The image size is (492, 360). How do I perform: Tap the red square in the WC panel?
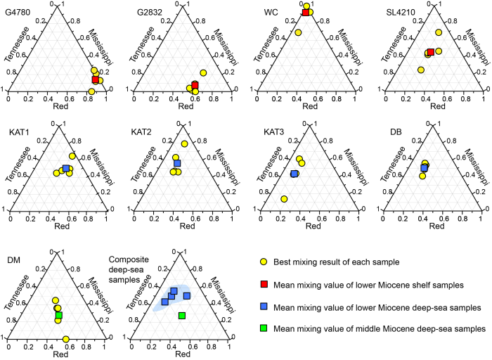pos(306,12)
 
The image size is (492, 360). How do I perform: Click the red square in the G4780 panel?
pos(96,79)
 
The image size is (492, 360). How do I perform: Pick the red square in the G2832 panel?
pos(195,85)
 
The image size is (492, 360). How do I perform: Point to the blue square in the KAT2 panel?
pos(177,163)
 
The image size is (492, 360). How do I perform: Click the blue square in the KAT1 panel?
pos(65,169)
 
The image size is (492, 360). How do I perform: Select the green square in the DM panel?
pos(58,316)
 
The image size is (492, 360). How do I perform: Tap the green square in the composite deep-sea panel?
pos(182,316)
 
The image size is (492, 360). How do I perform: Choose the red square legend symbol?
pos(263,285)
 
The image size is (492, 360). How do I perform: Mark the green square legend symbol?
pos(263,328)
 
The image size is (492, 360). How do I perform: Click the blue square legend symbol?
pos(263,307)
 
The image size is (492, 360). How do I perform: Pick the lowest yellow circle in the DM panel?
pos(65,340)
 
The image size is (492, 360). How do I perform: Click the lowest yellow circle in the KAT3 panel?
pos(284,199)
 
